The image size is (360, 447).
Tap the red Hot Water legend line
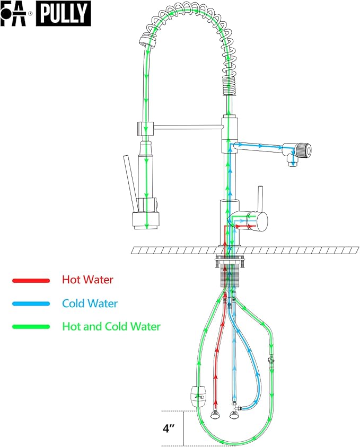click(31, 280)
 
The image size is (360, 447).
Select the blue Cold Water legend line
click(31, 303)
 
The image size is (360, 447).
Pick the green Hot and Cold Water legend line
click(31, 327)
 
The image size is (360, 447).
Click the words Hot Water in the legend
click(87, 280)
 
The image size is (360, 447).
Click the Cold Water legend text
click(90, 303)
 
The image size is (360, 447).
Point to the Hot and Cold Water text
click(111, 327)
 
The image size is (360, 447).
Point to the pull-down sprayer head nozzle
click(145, 219)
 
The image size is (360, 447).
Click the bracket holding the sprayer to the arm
click(144, 128)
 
